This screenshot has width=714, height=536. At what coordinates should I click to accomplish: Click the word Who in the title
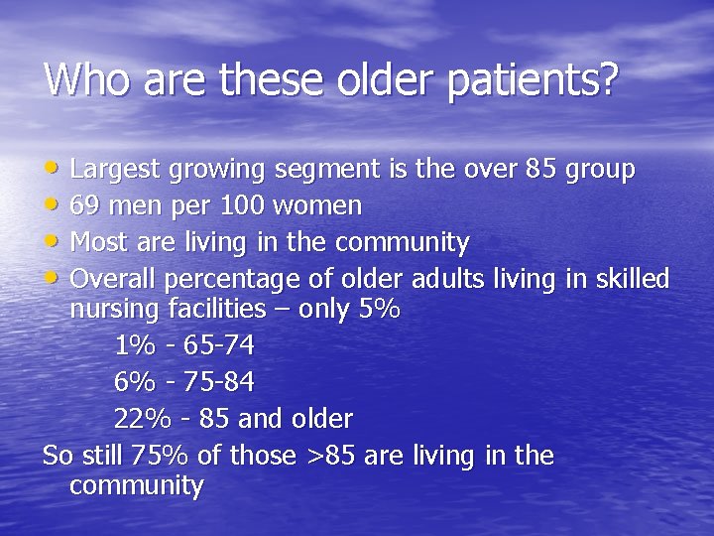click(x=88, y=79)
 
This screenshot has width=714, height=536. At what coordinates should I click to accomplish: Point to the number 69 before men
click(x=85, y=206)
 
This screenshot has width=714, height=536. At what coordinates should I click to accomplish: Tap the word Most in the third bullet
click(x=98, y=242)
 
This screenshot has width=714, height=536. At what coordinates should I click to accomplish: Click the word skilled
click(x=631, y=278)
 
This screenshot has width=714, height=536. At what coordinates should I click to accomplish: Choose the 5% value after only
click(x=379, y=309)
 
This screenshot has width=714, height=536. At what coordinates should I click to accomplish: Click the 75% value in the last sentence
click(x=143, y=456)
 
